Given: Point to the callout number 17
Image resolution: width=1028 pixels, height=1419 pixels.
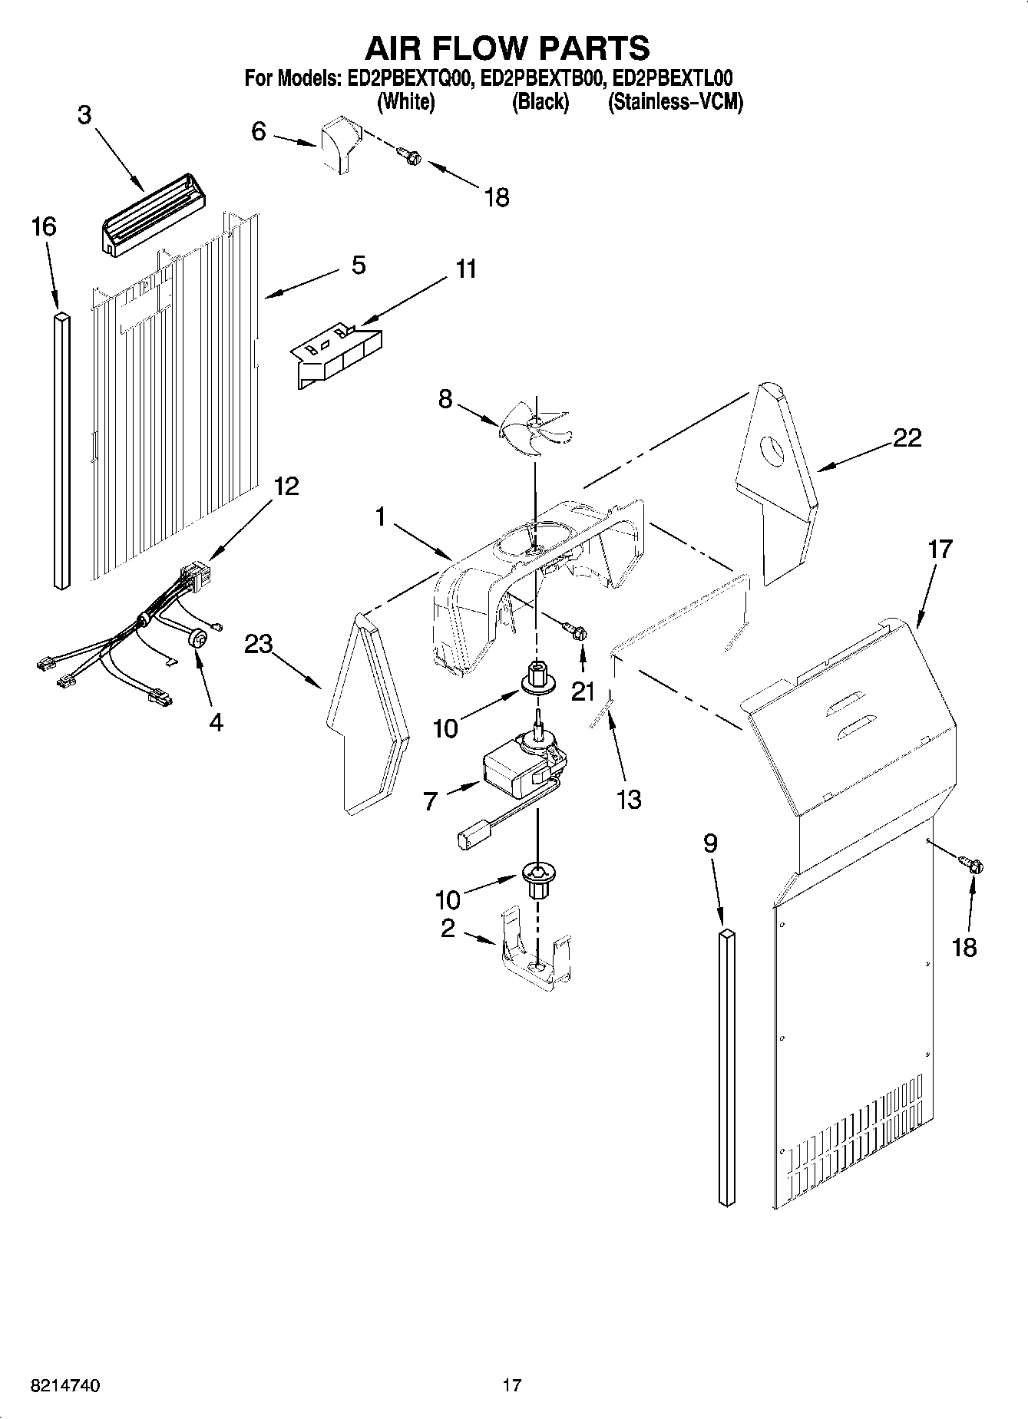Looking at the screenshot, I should (940, 549).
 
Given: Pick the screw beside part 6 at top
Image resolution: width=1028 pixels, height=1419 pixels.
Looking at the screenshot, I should (411, 156).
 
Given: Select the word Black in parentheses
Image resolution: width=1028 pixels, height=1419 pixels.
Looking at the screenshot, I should (540, 101).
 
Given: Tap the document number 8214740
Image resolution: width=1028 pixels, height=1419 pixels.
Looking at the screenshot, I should (65, 1385).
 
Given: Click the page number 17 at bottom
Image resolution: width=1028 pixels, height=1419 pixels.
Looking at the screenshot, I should (512, 1385).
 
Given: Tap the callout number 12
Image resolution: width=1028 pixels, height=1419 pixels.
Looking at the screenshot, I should (286, 486).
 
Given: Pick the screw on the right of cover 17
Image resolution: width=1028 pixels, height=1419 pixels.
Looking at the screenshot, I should (973, 866).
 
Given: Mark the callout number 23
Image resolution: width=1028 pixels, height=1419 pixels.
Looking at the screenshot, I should (259, 645).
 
